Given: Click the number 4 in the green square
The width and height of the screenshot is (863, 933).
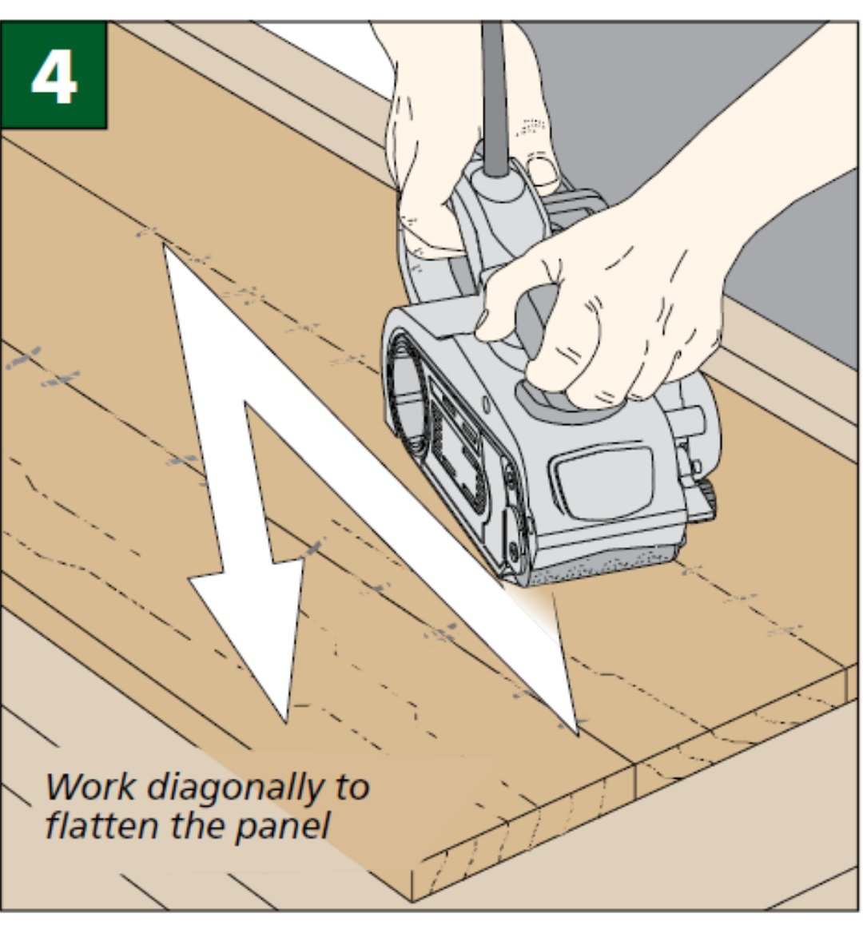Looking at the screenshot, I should pos(54,76).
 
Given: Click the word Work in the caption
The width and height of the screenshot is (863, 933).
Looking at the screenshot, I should pos(89,787).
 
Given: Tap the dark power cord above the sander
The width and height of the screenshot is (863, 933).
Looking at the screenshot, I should pos(493,88).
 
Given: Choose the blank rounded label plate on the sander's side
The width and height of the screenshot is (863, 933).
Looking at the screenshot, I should pos(603,479).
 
